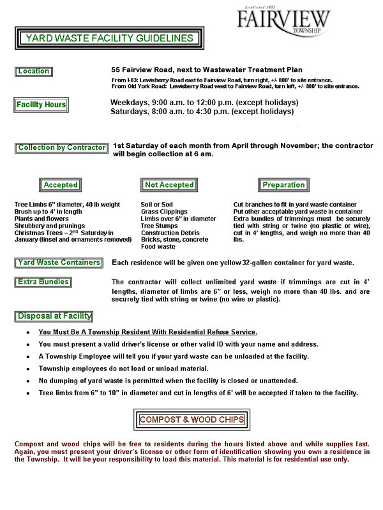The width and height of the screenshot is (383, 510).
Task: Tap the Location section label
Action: click(x=33, y=71)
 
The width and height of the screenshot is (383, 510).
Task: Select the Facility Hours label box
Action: click(x=41, y=105)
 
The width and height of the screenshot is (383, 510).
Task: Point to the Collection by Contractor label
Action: click(x=62, y=148)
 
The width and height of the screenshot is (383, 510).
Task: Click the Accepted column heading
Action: click(x=61, y=185)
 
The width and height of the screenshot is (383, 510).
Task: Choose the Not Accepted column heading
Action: click(x=169, y=185)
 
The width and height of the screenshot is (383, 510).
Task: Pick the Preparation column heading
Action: click(x=283, y=185)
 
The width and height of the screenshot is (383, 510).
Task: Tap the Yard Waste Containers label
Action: click(x=59, y=263)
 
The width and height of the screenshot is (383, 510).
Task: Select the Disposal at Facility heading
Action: click(x=54, y=316)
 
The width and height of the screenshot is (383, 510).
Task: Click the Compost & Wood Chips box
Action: click(x=192, y=420)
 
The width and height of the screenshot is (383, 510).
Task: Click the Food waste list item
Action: click(x=158, y=247)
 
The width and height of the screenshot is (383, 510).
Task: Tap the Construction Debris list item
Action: click(x=170, y=233)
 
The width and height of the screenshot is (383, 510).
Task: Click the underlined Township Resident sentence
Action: click(x=147, y=332)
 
